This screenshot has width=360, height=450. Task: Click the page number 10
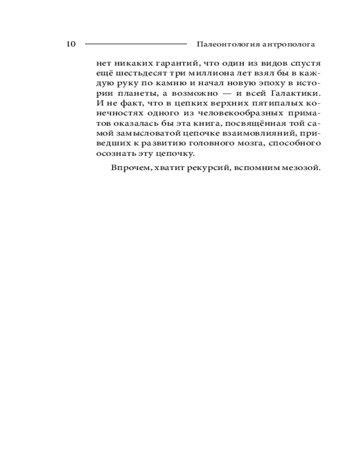click(x=71, y=44)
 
